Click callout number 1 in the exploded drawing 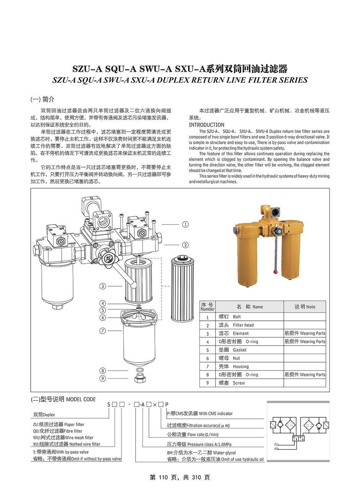185,225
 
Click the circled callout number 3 103,286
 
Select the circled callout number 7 103,331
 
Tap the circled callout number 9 103,379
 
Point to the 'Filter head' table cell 243,325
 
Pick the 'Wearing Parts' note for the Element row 304,333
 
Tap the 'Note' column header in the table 305,307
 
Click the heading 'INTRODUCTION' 206,125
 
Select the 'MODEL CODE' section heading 81,399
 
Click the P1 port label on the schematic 276,445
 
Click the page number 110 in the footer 163,478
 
